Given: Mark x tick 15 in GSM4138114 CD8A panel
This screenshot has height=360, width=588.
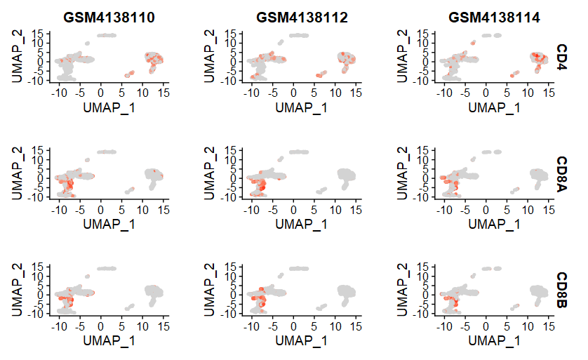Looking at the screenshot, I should pos(548,208).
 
